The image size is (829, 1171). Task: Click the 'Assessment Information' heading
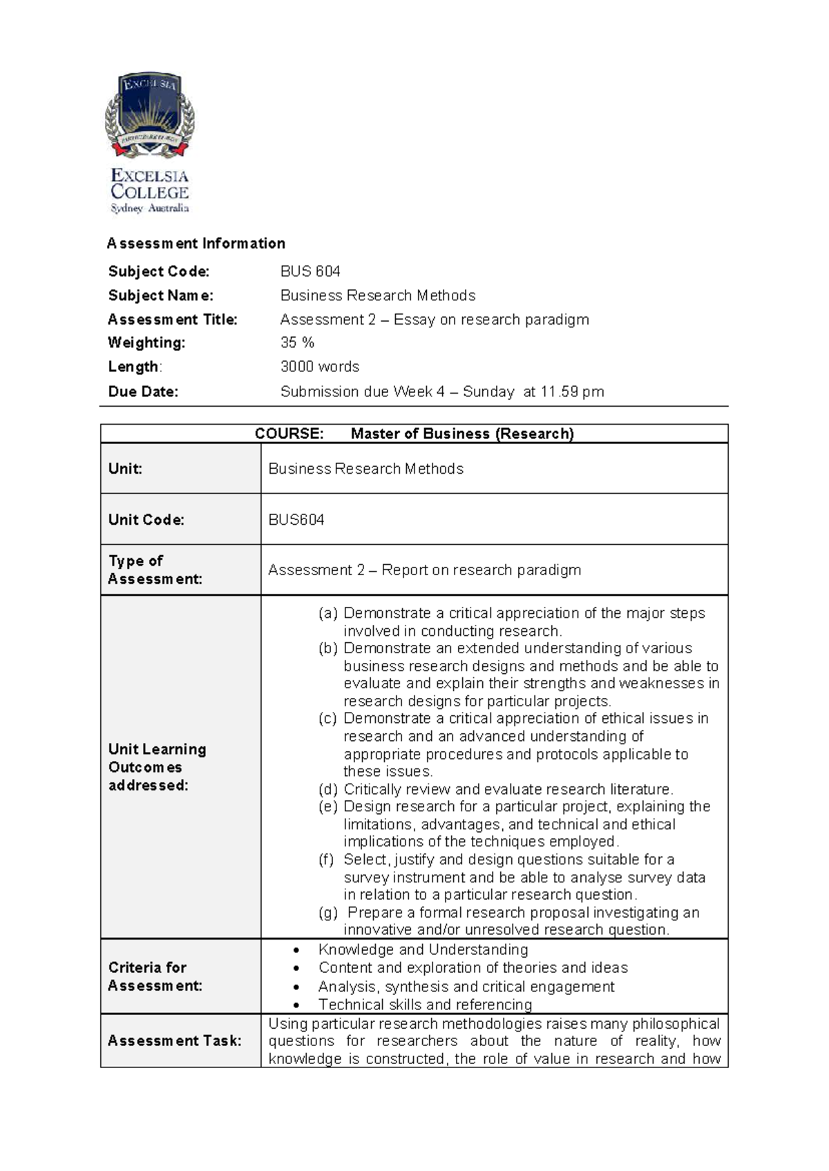[x=196, y=244]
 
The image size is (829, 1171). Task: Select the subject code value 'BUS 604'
[x=310, y=271]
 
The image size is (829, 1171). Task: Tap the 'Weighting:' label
[x=146, y=343]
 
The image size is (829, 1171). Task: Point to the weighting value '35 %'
[x=297, y=343]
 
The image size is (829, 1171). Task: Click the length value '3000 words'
[x=319, y=367]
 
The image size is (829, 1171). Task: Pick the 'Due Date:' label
[x=143, y=391]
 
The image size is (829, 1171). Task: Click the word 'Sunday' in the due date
[x=488, y=391]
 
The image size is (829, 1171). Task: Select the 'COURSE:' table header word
[x=289, y=434]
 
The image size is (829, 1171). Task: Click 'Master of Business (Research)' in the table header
[x=462, y=434]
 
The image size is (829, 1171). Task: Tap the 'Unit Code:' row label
[x=146, y=520]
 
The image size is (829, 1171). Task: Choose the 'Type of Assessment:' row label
[x=155, y=570]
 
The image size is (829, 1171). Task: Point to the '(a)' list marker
[x=328, y=613]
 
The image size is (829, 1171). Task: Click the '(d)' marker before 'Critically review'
[x=328, y=789]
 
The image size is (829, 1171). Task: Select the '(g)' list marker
[x=328, y=912]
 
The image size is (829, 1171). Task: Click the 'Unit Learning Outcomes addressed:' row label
[x=158, y=767]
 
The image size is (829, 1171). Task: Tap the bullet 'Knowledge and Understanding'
[x=423, y=950]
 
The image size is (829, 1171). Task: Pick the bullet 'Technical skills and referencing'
[x=425, y=1005]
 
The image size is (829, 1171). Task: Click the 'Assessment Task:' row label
[x=174, y=1041]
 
